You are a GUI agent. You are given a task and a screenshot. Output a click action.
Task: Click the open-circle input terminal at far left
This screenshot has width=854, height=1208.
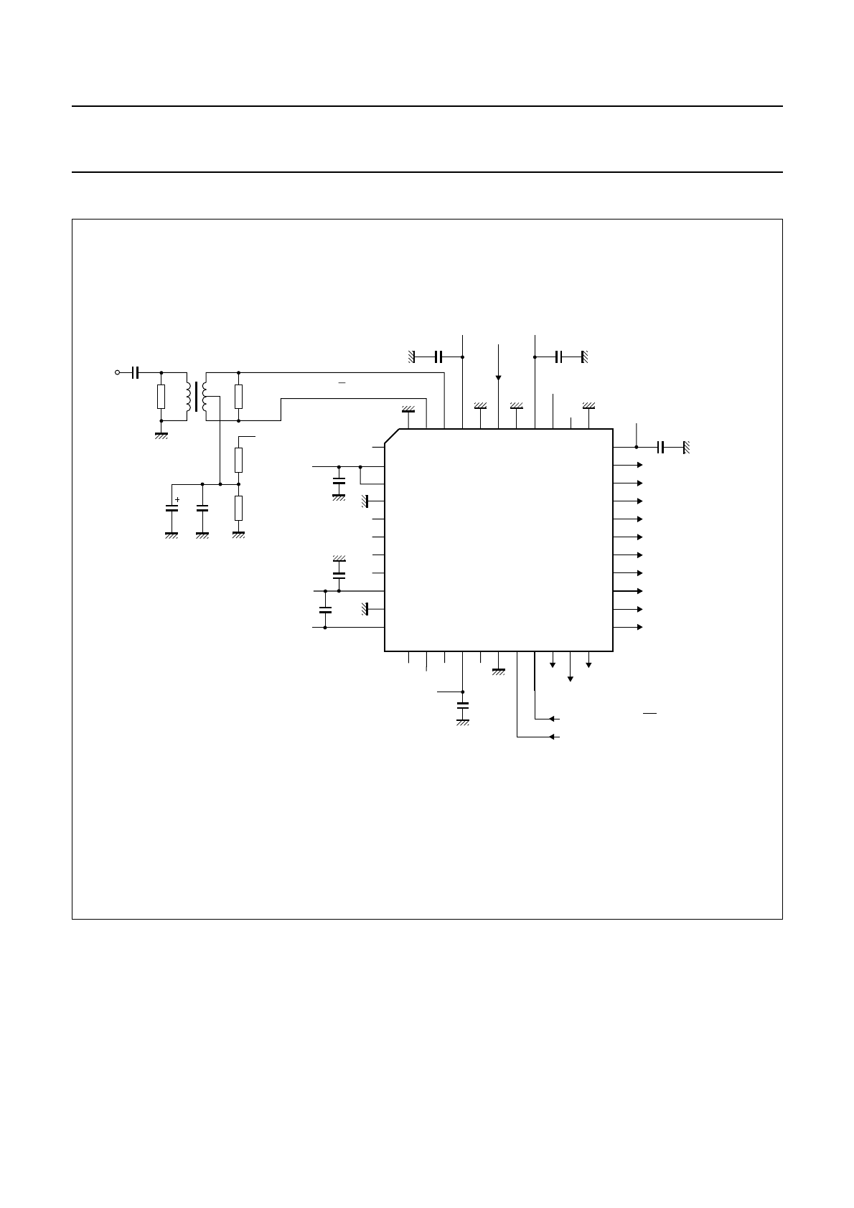coord(118,372)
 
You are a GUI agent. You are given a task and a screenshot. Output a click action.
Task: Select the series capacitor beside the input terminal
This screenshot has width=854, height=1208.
coord(136,372)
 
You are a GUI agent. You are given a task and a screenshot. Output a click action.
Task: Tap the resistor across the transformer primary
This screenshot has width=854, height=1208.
coord(161,396)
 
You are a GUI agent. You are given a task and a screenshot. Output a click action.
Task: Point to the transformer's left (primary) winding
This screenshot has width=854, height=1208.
coord(188,396)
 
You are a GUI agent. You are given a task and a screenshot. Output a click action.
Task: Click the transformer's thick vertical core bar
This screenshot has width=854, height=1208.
coord(196,396)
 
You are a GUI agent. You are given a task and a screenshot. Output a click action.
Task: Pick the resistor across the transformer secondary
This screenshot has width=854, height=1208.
coord(238,396)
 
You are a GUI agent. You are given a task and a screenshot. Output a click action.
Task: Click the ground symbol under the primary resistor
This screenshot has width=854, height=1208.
coord(161,433)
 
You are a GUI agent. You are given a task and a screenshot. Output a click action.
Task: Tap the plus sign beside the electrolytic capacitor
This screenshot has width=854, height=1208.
coord(177,499)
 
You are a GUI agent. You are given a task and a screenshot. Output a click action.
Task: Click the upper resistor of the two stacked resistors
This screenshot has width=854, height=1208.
coord(238,460)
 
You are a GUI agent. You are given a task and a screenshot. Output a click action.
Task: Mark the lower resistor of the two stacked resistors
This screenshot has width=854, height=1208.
coord(238,508)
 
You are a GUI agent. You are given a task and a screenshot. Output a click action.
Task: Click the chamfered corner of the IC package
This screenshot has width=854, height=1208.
coord(392,436)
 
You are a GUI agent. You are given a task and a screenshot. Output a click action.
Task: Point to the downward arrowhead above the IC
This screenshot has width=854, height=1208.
coord(498,377)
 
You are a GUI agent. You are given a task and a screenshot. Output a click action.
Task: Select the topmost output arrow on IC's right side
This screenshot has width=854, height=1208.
coord(639,465)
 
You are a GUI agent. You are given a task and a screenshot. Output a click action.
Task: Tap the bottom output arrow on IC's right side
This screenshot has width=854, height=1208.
coord(639,627)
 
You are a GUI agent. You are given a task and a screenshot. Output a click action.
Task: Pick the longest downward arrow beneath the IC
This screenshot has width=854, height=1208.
coord(571,677)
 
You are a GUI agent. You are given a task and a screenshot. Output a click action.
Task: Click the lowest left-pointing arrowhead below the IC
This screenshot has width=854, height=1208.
coord(550,737)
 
